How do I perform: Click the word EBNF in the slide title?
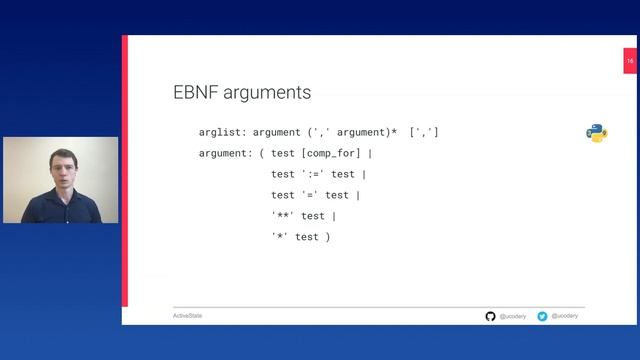[193, 93]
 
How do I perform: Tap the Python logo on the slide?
[597, 133]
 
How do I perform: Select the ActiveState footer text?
[187, 316]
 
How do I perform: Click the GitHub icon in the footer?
[490, 316]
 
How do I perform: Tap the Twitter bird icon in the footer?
[542, 316]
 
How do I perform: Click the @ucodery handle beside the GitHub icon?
[512, 316]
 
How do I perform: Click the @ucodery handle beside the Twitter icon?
[564, 316]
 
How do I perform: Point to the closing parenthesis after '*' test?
[327, 237]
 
